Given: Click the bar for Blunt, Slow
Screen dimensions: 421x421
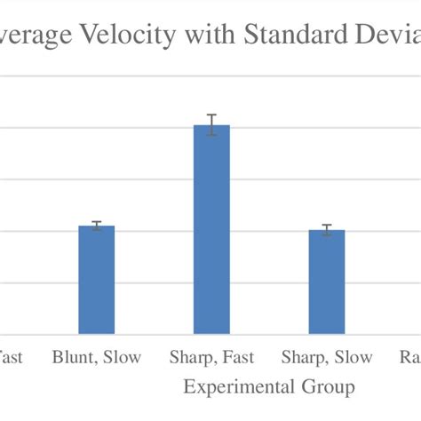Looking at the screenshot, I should point(96,280).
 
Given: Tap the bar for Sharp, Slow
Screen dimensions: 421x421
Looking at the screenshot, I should point(327,282).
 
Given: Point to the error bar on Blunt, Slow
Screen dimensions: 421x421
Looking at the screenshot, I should point(96,226).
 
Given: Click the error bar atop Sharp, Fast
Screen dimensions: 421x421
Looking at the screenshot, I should point(211,125).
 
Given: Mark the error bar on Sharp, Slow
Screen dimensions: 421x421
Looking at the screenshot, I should point(327,230).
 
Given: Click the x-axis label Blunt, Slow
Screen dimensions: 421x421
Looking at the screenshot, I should point(96,358).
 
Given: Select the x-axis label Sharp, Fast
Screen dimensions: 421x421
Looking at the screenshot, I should point(211,358).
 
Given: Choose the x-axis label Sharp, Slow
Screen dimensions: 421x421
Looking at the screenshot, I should point(327,358).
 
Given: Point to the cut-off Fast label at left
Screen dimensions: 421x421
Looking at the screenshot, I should point(11,358).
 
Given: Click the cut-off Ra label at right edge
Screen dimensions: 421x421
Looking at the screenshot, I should point(409,358).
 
